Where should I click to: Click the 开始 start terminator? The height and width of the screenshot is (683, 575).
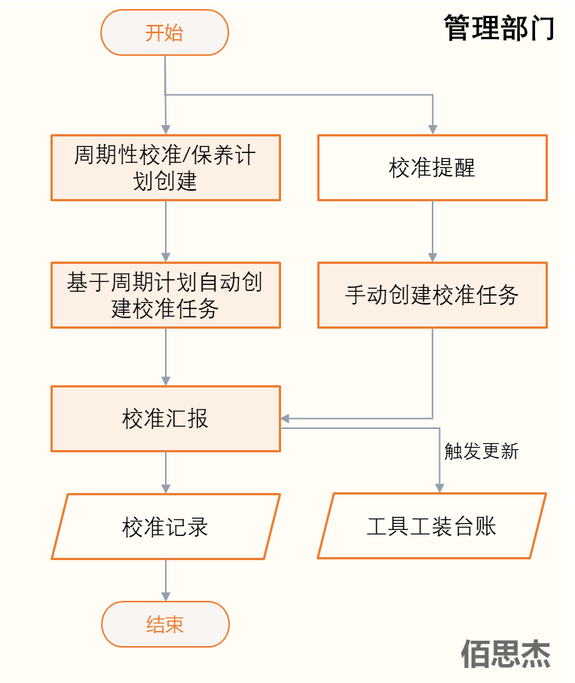point(164,33)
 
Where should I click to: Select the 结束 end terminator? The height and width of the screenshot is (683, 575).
point(164,624)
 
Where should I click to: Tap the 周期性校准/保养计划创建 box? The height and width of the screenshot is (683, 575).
point(166,167)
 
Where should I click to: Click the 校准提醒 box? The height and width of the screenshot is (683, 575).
point(432,167)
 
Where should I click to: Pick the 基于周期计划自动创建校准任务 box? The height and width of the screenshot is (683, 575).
point(166,295)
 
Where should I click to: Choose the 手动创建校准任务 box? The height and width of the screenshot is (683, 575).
point(432,295)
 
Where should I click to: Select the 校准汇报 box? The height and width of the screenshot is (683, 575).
point(166,418)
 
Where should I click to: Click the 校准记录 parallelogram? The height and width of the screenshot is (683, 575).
point(166,526)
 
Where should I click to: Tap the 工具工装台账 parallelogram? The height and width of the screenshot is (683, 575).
point(432,526)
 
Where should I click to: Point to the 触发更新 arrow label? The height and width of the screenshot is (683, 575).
point(481,452)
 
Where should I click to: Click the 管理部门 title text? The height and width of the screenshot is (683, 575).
point(498,29)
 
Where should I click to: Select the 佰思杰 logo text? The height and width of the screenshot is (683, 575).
point(506,654)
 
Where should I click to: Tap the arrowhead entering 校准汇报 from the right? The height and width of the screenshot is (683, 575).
point(286,418)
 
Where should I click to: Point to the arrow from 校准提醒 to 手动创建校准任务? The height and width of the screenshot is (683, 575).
point(433,231)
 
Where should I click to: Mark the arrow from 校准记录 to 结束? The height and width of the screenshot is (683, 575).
point(166,580)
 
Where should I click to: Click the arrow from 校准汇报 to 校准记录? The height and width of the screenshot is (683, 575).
point(166,472)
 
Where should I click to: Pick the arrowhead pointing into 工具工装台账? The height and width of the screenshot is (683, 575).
point(438,488)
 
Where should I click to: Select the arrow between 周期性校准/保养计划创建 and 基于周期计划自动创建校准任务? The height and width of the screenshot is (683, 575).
point(166,231)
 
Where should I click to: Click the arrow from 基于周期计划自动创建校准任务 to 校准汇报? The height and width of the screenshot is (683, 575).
point(166,357)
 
